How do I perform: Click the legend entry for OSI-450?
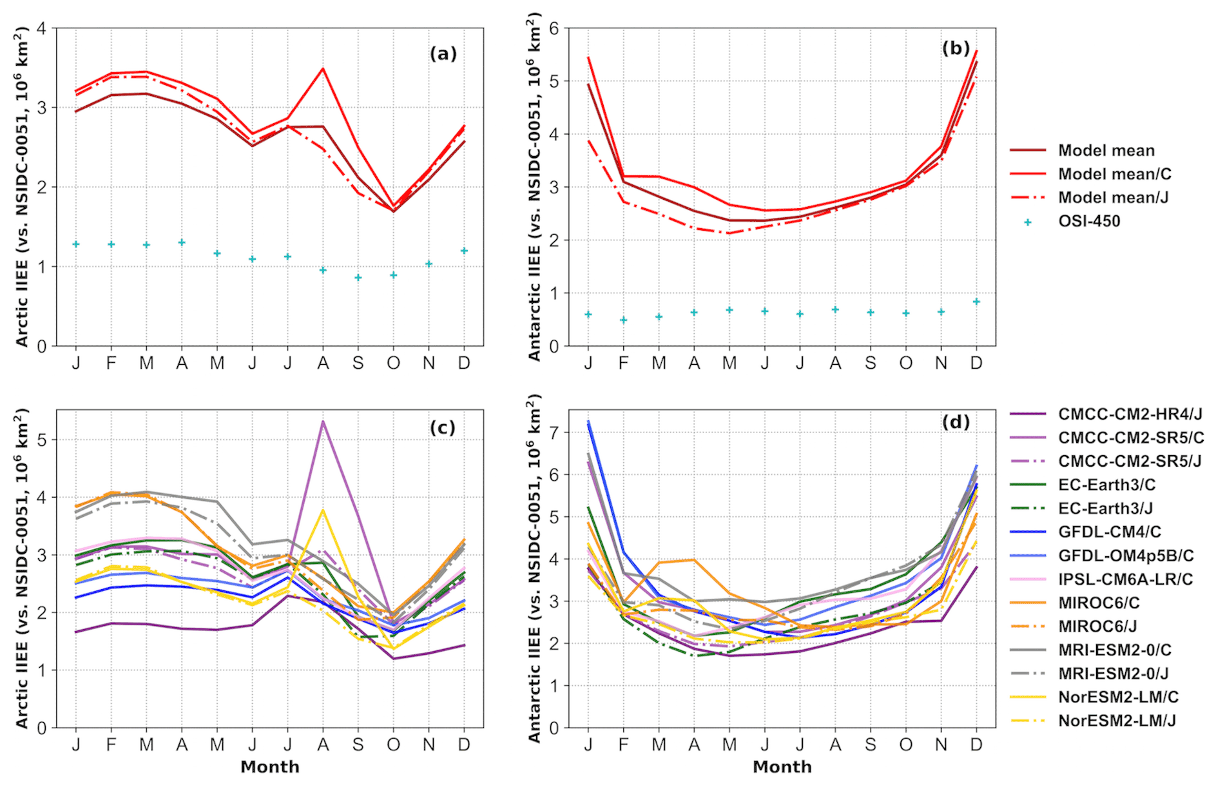[x=1089, y=221]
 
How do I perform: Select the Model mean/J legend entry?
[x=1113, y=197]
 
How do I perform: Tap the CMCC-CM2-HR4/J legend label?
[x=1130, y=414]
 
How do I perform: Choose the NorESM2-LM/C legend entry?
[x=1118, y=697]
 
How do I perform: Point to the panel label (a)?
[x=443, y=53]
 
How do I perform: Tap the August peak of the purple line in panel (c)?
[x=323, y=422]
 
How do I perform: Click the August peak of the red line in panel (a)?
[x=323, y=69]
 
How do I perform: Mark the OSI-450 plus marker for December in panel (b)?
[x=976, y=302]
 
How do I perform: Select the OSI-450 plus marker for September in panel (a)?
[x=358, y=278]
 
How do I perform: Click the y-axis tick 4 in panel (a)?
[x=42, y=28]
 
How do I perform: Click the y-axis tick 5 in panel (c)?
[x=42, y=440]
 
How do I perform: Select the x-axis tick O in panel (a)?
[x=393, y=364]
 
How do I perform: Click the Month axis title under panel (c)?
[x=270, y=767]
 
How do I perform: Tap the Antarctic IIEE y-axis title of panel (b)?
[x=534, y=187]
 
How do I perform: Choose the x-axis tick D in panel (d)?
[x=976, y=745]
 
